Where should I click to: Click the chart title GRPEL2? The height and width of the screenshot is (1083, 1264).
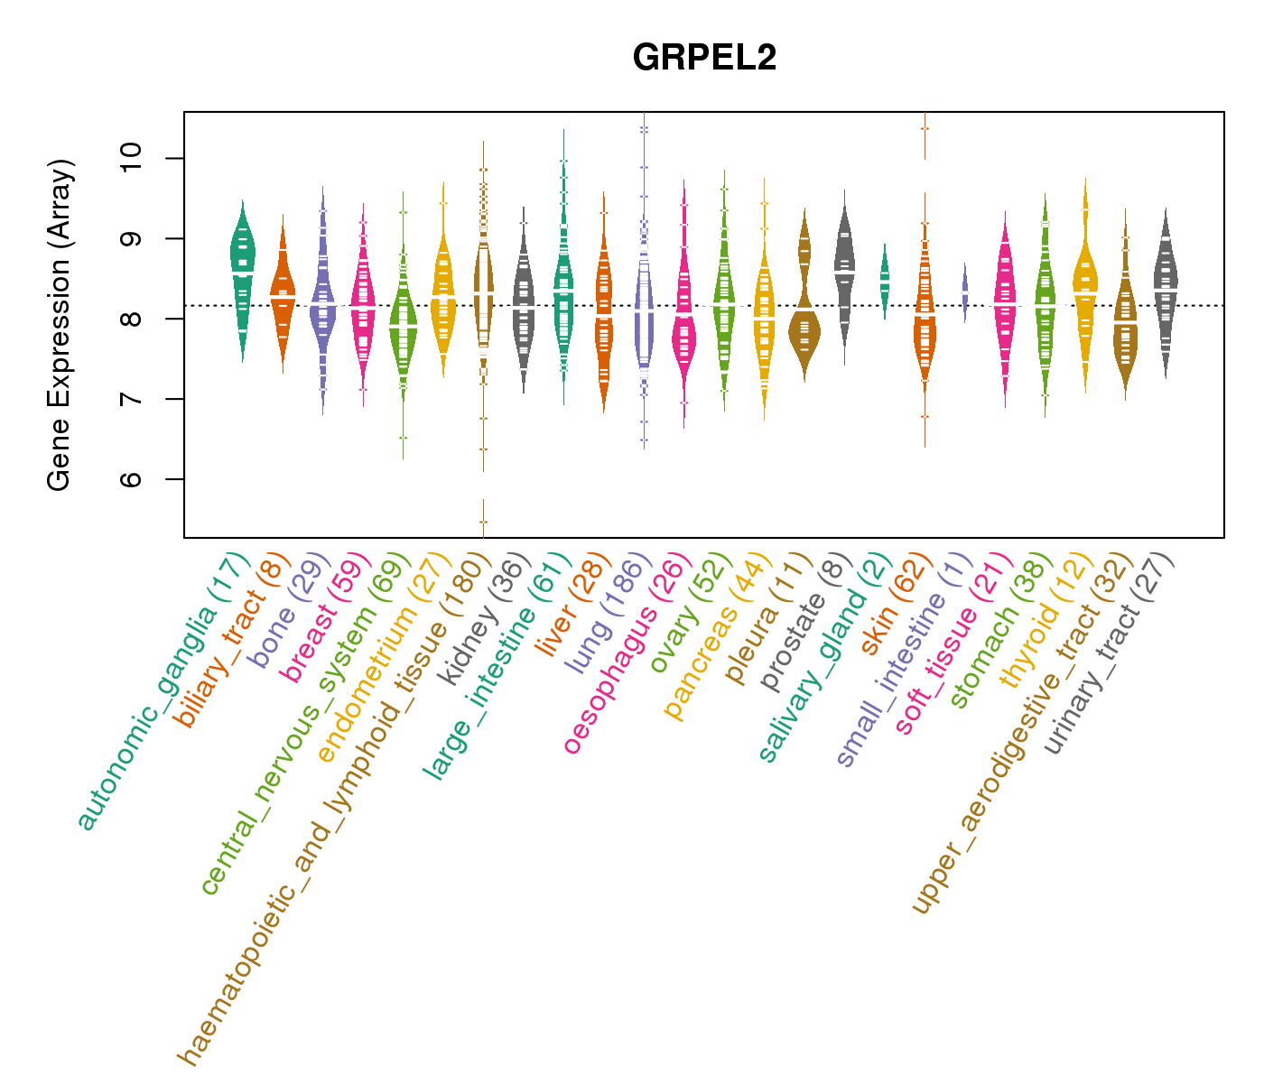coord(704,58)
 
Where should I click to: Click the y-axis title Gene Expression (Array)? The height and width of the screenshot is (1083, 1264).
coord(60,325)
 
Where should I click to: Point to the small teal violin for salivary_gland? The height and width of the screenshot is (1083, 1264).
coord(885,280)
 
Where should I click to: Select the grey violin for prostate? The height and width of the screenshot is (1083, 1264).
coord(845,271)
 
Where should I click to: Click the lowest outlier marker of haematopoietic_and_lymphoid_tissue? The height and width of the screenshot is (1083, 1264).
coord(483,522)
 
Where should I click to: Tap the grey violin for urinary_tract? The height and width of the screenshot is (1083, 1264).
coord(1166,289)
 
